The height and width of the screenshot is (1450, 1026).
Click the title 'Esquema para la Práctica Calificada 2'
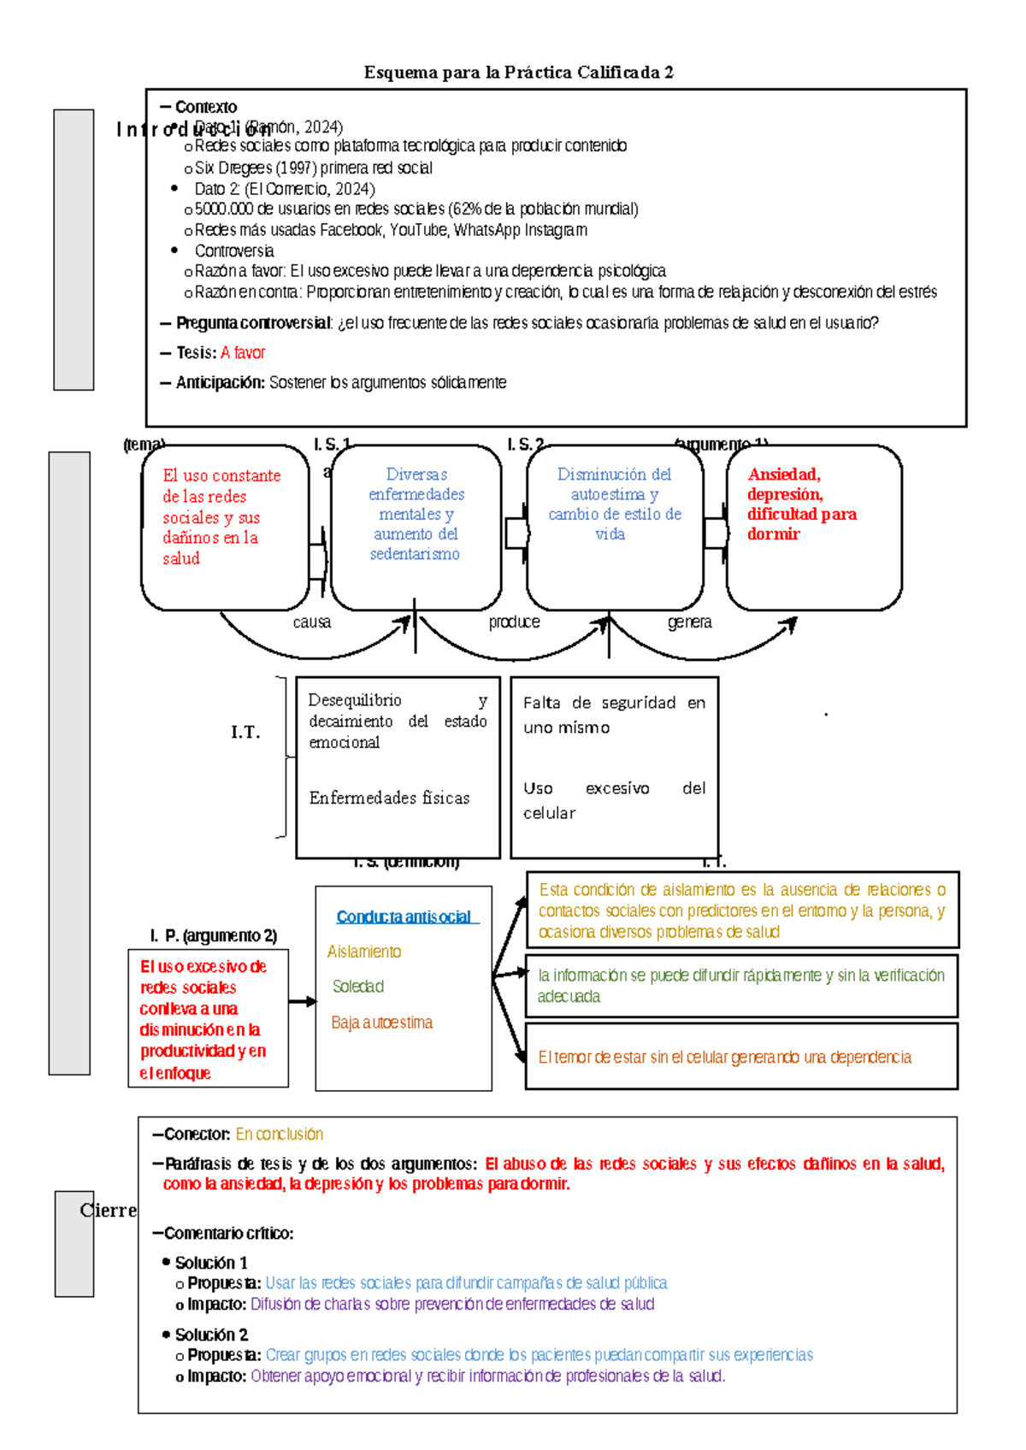pyautogui.click(x=518, y=73)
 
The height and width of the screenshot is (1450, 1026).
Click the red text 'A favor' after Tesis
pyautogui.click(x=243, y=353)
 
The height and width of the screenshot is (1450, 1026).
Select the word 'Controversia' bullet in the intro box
pyautogui.click(x=233, y=251)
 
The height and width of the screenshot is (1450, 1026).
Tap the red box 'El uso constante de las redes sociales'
pyautogui.click(x=224, y=527)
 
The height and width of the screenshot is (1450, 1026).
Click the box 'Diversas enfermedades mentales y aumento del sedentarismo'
pyautogui.click(x=416, y=527)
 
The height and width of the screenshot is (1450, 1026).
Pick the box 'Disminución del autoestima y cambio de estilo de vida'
pyautogui.click(x=614, y=527)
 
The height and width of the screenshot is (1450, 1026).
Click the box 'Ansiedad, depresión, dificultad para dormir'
pyautogui.click(x=813, y=527)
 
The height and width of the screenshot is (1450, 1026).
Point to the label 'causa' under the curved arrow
pyautogui.click(x=311, y=622)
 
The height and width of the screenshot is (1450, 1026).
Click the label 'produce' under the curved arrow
pyautogui.click(x=514, y=622)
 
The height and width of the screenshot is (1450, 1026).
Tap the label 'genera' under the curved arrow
pyautogui.click(x=689, y=622)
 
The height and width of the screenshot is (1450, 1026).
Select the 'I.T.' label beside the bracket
pyautogui.click(x=245, y=733)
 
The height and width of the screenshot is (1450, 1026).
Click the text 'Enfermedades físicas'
pyautogui.click(x=389, y=799)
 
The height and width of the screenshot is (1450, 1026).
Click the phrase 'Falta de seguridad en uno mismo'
pyautogui.click(x=613, y=715)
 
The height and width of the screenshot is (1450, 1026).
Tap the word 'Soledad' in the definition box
pyautogui.click(x=358, y=987)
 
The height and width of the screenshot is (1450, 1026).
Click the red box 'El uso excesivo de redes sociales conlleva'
pyautogui.click(x=208, y=1018)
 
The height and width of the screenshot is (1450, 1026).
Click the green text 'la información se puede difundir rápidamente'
pyautogui.click(x=740, y=986)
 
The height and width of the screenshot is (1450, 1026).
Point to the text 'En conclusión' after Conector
pyautogui.click(x=279, y=1135)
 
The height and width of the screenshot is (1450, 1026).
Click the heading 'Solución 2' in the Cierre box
pyautogui.click(x=211, y=1335)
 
